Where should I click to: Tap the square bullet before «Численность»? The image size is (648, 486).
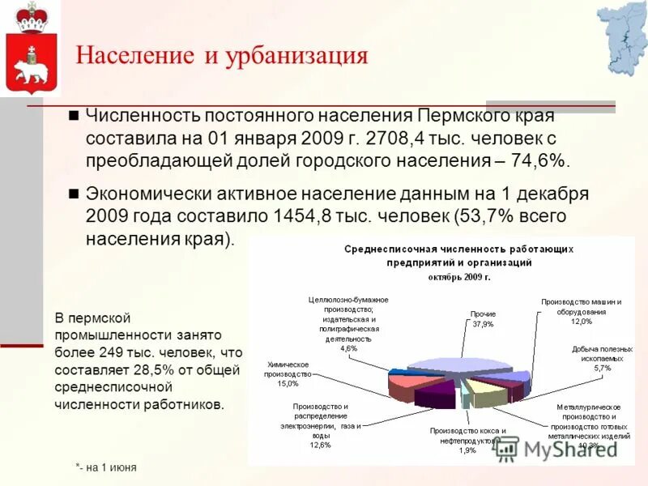pyautogui.click(x=73, y=115)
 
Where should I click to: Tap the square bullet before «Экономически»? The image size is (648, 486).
pyautogui.click(x=73, y=194)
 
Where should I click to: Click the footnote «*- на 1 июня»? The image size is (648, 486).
pyautogui.click(x=106, y=468)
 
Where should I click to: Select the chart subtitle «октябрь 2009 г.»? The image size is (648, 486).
pyautogui.click(x=459, y=277)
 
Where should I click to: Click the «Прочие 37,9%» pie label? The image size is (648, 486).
pyautogui.click(x=483, y=318)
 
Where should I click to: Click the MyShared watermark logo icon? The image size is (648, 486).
pyautogui.click(x=506, y=448)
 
